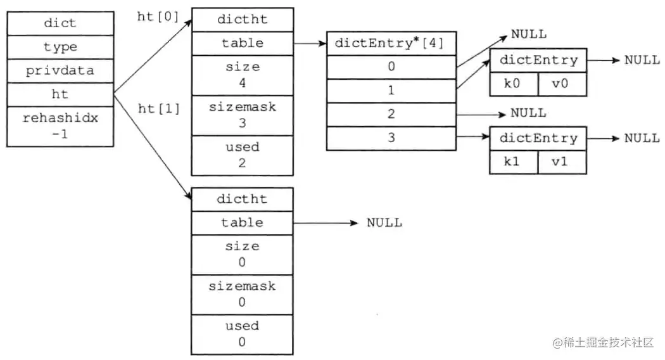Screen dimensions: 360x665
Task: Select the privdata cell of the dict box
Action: point(61,70)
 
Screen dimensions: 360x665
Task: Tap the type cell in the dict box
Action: point(61,46)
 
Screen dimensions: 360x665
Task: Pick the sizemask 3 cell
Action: point(242,115)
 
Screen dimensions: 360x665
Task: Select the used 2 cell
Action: point(242,155)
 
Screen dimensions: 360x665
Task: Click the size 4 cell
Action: point(242,74)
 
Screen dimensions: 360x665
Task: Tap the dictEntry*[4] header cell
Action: point(391,43)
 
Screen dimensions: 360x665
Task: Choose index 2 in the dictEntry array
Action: point(391,114)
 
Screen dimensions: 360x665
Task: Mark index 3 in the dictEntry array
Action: point(391,138)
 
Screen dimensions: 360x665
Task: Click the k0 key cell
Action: point(514,84)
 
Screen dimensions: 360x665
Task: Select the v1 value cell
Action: point(562,162)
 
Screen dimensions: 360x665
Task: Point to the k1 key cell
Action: point(514,162)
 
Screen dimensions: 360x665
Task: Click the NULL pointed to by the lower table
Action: point(384,222)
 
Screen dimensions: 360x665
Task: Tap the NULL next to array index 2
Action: point(528,113)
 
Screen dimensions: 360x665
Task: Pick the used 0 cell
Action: point(242,334)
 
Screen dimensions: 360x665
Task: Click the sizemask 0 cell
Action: point(242,294)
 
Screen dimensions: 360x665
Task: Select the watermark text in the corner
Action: point(602,343)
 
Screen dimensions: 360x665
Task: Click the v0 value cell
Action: point(562,84)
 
